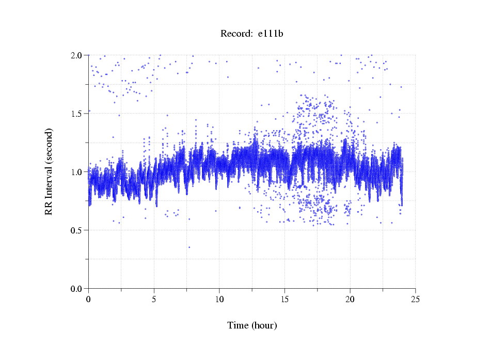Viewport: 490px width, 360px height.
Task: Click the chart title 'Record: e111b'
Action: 252,34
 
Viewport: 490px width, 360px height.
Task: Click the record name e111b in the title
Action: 271,34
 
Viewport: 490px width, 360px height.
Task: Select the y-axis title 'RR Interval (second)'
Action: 49,171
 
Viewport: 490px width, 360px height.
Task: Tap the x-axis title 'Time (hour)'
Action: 252,325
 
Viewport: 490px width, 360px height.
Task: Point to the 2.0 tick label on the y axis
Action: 78,55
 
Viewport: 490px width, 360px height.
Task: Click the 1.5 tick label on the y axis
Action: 78,114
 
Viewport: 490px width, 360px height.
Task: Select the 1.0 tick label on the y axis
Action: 78,172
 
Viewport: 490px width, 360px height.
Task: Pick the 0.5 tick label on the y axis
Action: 78,230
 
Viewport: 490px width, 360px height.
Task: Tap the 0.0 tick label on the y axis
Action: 78,289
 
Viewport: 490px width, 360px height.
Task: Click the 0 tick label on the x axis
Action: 89,299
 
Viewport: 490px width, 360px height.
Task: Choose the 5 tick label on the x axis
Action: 154,299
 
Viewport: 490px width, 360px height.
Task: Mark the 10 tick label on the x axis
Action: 219,299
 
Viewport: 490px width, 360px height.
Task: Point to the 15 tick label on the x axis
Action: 285,299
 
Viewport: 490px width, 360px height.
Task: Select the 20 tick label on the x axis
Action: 350,299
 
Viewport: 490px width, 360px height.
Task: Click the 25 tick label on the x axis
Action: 416,299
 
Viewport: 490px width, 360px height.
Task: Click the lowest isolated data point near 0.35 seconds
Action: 189,247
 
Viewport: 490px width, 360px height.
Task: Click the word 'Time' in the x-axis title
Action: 238,325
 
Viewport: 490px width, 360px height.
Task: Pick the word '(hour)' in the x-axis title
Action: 264,325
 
